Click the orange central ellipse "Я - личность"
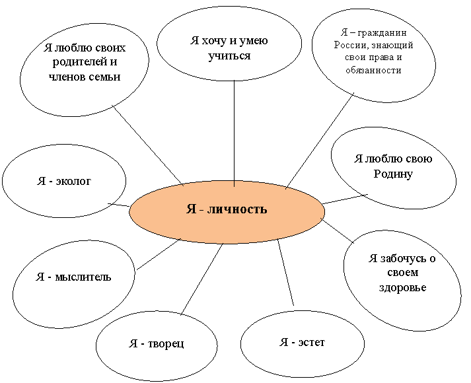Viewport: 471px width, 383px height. pos(227,212)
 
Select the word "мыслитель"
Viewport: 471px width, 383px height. pos(83,277)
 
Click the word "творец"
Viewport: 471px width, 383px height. pos(166,343)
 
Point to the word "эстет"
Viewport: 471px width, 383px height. pos(312,342)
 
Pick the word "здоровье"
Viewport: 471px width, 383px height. pos(402,287)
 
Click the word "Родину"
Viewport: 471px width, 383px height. pos(393,174)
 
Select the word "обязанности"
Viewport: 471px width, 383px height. pos(373,70)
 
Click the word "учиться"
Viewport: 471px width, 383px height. pos(229,56)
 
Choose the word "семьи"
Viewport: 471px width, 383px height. pos(105,77)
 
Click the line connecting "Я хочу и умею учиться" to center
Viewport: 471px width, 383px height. pos(235,133)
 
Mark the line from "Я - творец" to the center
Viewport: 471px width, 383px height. pos(202,279)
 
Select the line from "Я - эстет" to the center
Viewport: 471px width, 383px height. pos(285,273)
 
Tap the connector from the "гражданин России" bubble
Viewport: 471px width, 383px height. pos(320,141)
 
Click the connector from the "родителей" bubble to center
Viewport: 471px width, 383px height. pos(148,145)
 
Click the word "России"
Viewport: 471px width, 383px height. pos(350,46)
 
